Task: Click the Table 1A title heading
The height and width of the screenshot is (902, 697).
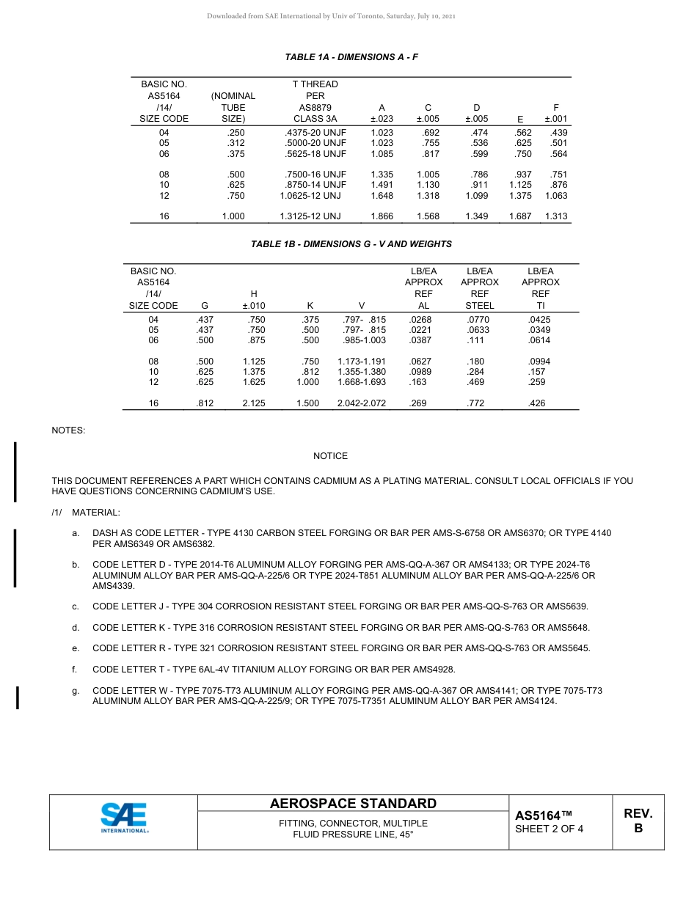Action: [351, 57]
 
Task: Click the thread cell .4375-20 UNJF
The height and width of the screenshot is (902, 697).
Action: [315, 133]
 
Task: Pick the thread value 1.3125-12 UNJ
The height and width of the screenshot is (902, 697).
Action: [310, 217]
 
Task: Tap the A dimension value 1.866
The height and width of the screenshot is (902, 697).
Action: [382, 217]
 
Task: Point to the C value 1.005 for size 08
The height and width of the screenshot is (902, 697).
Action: [428, 175]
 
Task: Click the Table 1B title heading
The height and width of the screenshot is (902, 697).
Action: [351, 244]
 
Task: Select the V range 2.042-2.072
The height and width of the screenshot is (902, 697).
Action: [362, 403]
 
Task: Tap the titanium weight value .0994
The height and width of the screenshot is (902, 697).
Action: [539, 362]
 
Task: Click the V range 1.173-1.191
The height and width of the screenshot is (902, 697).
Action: [362, 362]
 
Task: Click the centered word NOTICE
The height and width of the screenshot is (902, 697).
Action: [330, 456]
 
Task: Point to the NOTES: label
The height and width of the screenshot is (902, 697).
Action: [68, 430]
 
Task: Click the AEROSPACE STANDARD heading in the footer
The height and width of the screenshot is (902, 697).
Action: [353, 804]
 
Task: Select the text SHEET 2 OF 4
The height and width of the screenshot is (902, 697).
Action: [550, 829]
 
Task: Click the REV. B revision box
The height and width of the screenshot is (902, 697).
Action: [638, 821]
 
